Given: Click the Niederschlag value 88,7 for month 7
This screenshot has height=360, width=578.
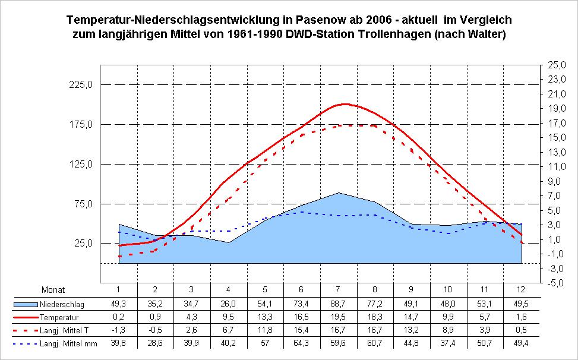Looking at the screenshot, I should point(339,304).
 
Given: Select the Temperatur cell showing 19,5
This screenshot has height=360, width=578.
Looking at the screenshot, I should point(339,317).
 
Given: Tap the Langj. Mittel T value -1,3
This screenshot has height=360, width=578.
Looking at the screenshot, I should point(119,330).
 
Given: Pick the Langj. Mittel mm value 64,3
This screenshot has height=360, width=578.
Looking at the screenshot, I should point(302,343).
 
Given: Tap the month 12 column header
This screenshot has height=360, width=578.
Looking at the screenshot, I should point(522,290).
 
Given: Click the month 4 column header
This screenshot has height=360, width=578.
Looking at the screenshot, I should point(229,290).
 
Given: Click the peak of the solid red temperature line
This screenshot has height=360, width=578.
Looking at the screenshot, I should point(346,104).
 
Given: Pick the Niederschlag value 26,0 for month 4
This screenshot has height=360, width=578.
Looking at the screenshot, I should point(229,304).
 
